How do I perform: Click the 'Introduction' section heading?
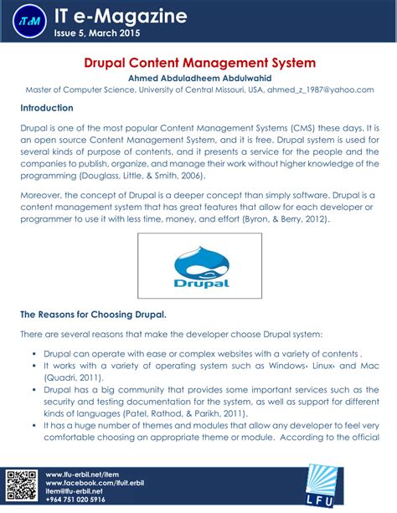click(47, 108)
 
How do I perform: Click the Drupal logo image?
click(199, 264)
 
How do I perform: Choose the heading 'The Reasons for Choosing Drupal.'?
click(93, 315)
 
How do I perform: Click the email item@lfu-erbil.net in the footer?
click(80, 492)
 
